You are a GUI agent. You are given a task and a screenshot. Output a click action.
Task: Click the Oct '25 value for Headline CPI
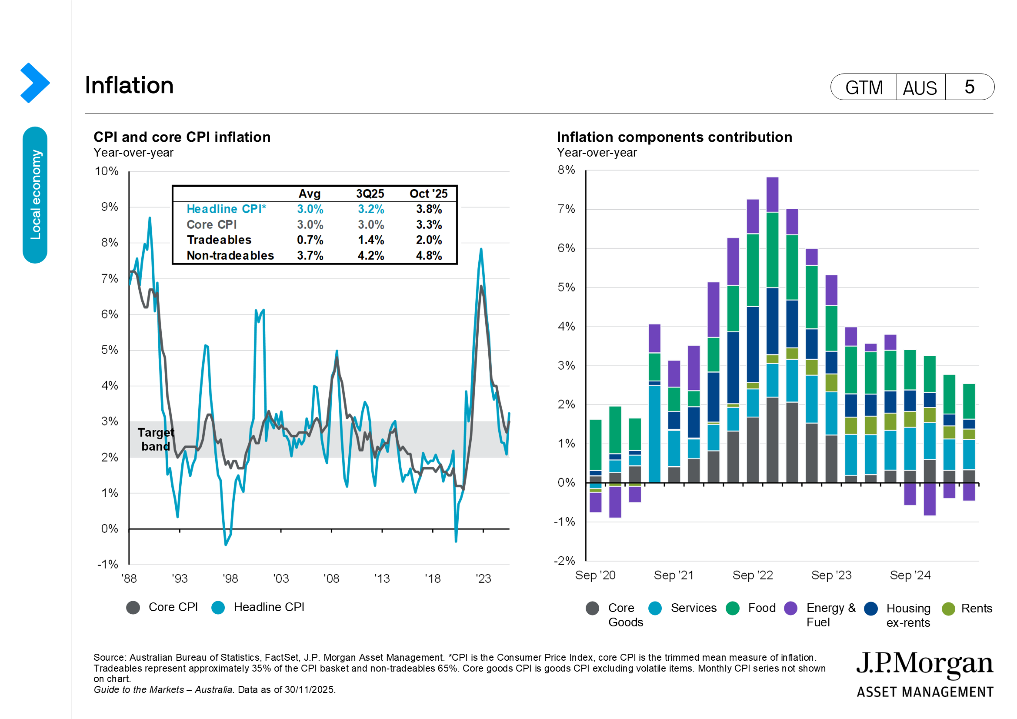tap(428, 209)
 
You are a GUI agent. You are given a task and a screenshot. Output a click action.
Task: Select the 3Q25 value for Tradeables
tap(371, 240)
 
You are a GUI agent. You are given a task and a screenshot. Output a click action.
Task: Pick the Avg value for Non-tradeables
tap(310, 256)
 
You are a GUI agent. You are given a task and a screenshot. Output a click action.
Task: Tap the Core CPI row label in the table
tap(211, 224)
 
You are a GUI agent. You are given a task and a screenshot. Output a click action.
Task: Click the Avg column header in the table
tap(309, 194)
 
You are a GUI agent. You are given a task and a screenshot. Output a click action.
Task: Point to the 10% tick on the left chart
tap(107, 171)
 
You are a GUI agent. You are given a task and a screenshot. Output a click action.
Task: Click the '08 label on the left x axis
tap(331, 579)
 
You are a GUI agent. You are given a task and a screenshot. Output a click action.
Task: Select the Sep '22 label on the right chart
tap(753, 575)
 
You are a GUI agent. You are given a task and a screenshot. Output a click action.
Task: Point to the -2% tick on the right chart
tap(564, 561)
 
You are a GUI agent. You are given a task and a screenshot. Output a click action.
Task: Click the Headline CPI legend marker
tap(218, 608)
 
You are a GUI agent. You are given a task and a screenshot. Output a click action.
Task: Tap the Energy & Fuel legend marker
tap(790, 609)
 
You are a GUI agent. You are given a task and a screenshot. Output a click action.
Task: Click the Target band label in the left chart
tap(156, 439)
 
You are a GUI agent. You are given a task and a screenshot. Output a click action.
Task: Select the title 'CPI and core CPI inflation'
tap(182, 137)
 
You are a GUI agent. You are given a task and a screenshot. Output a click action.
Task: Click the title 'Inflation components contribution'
tap(674, 137)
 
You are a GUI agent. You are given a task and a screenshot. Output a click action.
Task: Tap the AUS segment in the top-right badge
tap(920, 88)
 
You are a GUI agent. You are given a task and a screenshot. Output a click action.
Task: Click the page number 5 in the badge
tap(969, 87)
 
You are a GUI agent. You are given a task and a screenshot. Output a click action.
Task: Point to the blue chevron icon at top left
tap(34, 83)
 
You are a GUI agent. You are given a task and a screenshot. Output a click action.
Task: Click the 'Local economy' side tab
tap(35, 195)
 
